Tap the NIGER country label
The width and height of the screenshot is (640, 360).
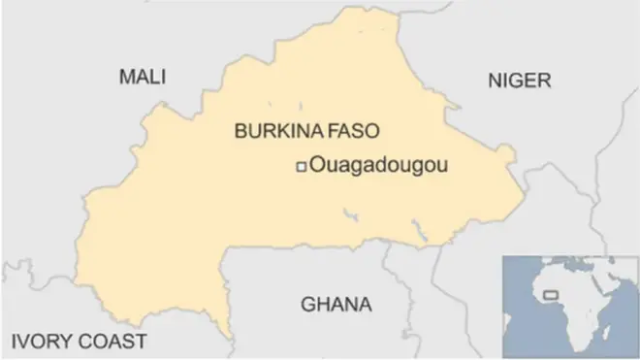519,80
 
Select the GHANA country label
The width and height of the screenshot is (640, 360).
336,305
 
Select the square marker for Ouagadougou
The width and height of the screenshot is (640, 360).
301,167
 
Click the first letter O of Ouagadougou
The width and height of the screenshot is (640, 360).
315,167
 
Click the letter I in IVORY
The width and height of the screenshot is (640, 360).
13,342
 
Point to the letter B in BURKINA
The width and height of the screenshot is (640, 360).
240,131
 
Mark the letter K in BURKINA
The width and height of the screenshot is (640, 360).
274,131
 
